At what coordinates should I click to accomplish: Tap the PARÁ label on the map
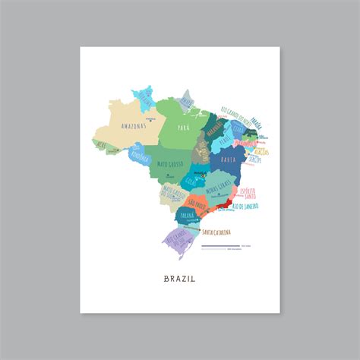click(183, 128)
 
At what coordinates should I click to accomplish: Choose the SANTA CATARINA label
click(233, 232)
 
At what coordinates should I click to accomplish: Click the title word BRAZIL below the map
click(179, 278)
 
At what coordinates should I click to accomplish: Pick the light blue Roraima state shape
click(144, 99)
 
